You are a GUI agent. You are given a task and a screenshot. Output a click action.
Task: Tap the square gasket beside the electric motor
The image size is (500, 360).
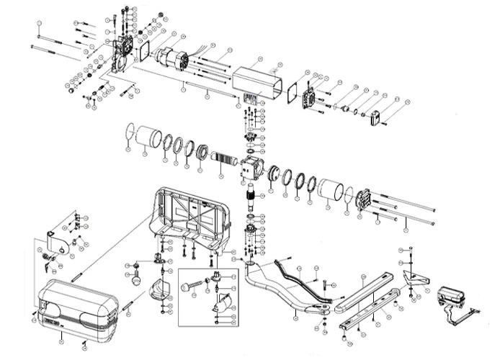pos(143,53)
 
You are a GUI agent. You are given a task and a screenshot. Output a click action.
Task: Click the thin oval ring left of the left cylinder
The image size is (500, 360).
pos(129,133)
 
